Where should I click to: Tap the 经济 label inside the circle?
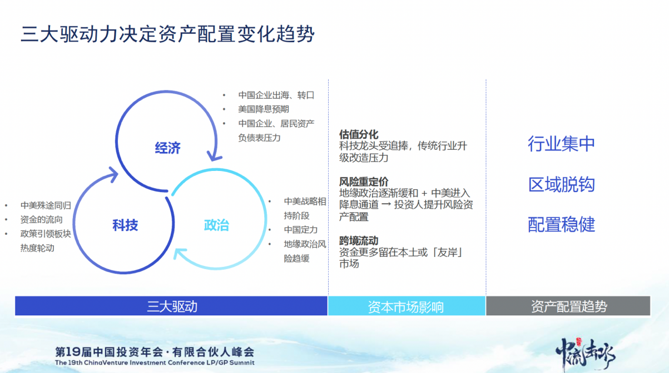167,148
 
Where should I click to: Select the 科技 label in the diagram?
125,225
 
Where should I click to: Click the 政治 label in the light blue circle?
216,225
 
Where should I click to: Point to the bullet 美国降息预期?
264,109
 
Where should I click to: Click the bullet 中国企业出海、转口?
276,95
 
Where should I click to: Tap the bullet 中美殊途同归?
46,205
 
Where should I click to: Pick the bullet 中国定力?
300,230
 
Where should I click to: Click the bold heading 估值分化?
359,135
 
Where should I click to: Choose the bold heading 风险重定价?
364,182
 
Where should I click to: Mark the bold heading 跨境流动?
359,241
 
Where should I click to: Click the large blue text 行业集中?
561,144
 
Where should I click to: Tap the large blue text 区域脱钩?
561,184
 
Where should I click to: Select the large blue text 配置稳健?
561,224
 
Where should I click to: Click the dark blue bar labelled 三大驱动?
171,306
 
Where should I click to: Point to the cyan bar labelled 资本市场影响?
406,306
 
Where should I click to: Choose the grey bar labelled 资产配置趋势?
568,306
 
